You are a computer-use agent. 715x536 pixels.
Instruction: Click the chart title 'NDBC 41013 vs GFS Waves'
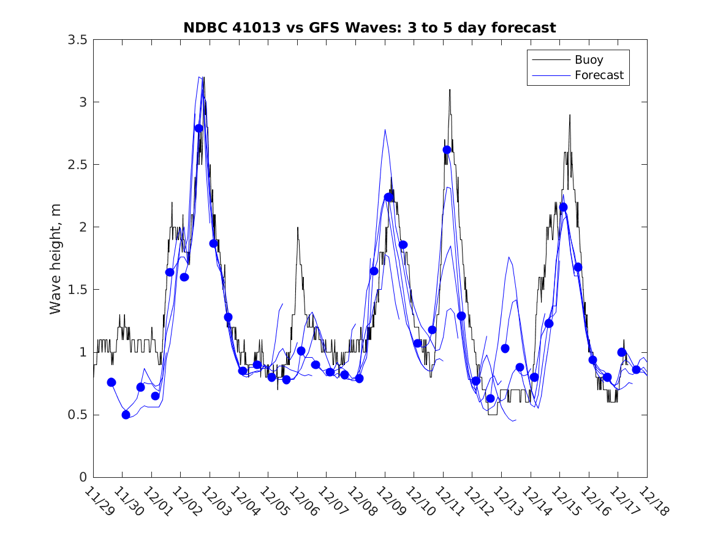tap(369, 28)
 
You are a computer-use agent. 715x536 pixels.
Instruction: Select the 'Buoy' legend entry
tap(588, 60)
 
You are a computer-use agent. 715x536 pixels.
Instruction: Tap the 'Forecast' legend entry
tap(599, 75)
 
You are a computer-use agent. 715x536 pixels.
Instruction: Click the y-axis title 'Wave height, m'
tap(56, 259)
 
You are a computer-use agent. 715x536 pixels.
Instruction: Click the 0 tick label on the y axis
tap(83, 477)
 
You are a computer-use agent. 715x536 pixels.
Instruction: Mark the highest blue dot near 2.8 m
tap(199, 128)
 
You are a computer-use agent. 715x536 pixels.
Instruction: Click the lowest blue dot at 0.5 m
tap(126, 415)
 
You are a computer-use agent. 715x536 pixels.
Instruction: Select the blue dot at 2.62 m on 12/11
tap(447, 149)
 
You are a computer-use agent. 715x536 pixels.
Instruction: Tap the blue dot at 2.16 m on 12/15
tap(563, 207)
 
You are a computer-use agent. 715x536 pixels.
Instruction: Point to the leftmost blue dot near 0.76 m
tap(112, 382)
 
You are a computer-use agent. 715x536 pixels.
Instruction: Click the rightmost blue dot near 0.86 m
tap(636, 369)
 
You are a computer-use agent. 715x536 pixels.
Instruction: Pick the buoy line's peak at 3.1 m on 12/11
tap(449, 89)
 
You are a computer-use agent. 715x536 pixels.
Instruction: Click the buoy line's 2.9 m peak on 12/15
tap(569, 115)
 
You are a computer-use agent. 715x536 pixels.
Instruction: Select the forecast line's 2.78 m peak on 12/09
tap(385, 129)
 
